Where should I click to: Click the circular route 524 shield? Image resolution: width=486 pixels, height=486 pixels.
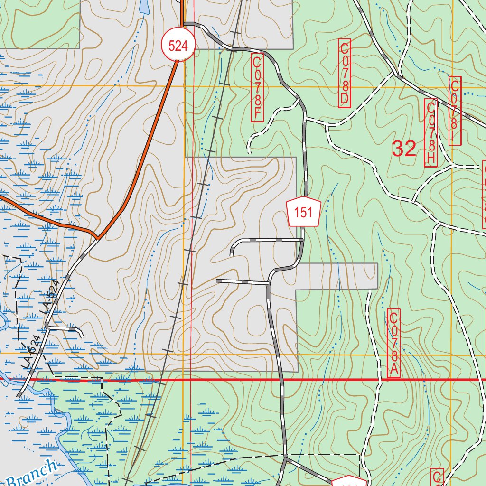coord(178,46)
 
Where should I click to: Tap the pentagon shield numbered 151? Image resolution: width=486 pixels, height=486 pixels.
coord(304,212)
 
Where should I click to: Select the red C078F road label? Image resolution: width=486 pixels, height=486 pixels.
coord(257,87)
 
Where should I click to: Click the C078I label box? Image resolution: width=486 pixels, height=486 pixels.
coord(455,111)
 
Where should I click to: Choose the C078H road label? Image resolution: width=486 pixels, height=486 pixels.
coord(430,133)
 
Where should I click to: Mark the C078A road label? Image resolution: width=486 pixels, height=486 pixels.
coord(394,343)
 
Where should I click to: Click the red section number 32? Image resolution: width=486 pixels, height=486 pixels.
coord(404,149)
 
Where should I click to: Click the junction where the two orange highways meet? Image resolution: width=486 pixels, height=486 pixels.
coord(97,237)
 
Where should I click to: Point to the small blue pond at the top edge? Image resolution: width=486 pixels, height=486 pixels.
coord(142,6)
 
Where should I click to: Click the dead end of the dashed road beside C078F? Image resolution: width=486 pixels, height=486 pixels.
coord(249,152)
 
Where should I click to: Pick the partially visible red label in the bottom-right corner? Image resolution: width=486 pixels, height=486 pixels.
coord(437,477)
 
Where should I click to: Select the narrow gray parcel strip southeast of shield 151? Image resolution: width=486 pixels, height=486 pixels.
coord(337,276)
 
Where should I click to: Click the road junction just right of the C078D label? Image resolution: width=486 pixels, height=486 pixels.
coord(395,74)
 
